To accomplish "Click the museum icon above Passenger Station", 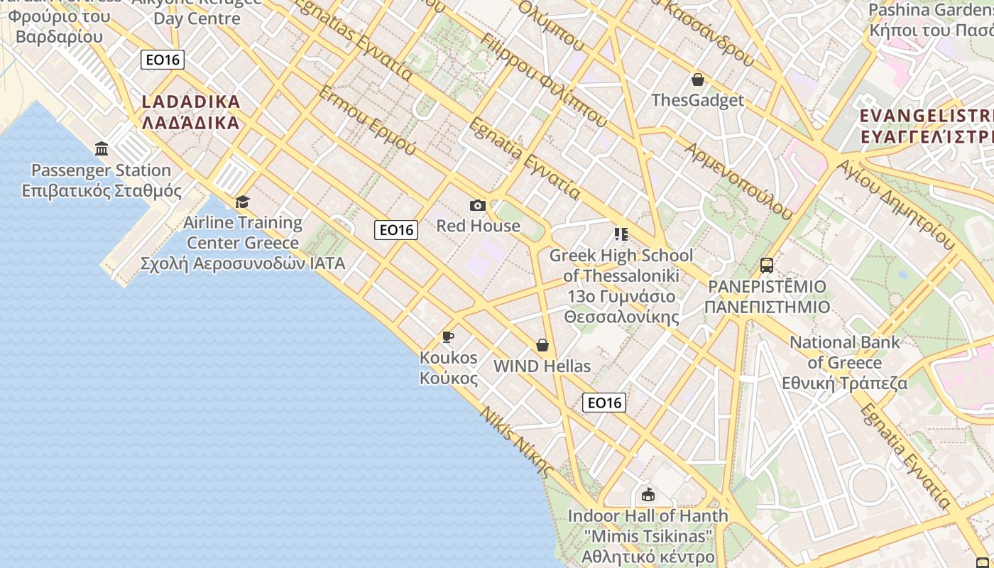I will click(102, 149).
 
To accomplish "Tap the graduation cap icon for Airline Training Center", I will click(243, 202).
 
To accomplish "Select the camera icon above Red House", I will click(478, 206).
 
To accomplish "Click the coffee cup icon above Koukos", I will click(447, 337).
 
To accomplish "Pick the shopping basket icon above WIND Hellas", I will click(542, 346).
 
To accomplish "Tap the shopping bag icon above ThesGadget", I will click(698, 80).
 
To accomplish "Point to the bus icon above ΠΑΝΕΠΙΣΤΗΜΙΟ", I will click(767, 266).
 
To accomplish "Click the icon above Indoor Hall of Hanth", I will click(648, 495).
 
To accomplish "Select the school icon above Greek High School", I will click(621, 234).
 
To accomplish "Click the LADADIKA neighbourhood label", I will click(191, 112).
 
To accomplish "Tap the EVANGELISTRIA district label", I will click(926, 126).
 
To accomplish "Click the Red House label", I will click(478, 226).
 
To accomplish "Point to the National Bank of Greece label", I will click(845, 362).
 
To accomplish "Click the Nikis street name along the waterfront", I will click(517, 440).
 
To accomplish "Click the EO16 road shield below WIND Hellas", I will click(604, 403).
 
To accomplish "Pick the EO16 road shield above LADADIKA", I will click(163, 60).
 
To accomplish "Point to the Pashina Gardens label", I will click(931, 21).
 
